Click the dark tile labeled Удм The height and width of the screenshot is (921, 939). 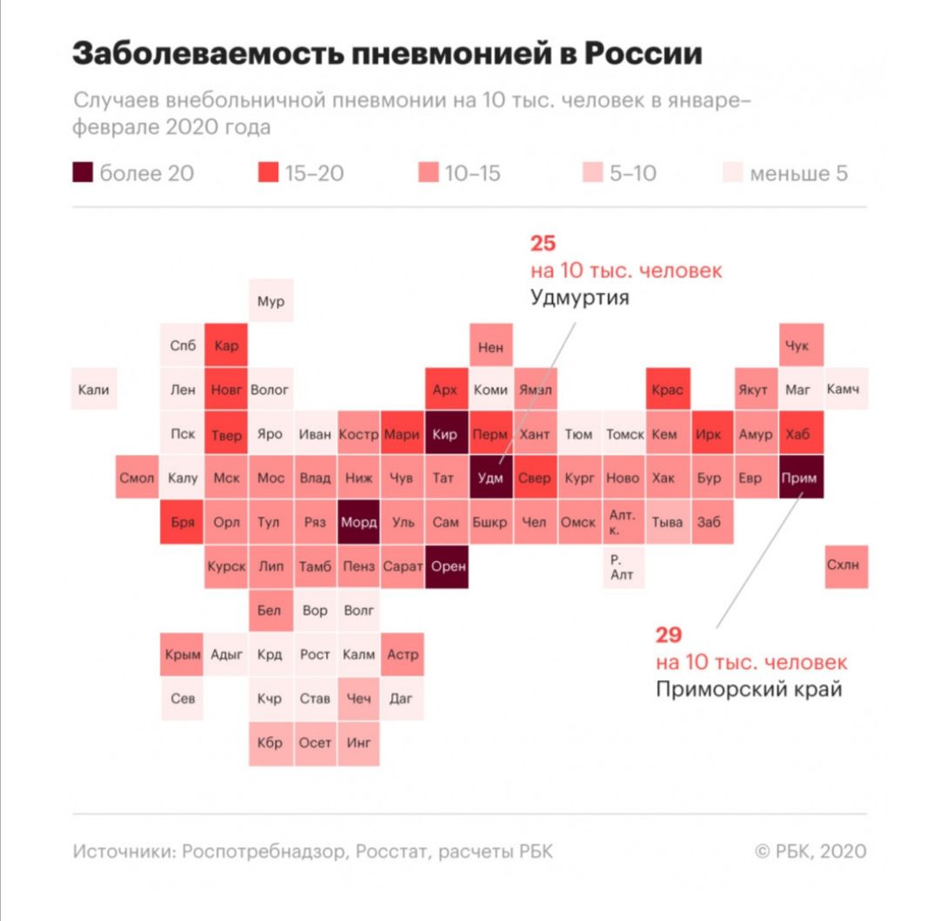coord(490,477)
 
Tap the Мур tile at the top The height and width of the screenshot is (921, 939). coord(270,302)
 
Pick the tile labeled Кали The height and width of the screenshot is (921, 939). coord(94,390)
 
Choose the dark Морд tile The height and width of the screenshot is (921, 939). coord(358,522)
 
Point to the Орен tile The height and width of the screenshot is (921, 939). coord(447,566)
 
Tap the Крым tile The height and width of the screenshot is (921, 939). coord(182,654)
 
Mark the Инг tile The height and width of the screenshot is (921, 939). coord(358,743)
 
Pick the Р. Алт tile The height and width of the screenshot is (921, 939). coord(623,567)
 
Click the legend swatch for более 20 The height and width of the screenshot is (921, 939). coord(83,173)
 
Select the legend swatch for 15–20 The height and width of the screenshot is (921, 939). coord(269,173)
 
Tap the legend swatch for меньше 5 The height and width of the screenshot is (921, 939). coord(733,173)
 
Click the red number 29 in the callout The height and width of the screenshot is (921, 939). coord(669,634)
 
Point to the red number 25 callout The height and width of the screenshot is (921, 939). coord(543,243)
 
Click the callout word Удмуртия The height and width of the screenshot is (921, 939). coord(579,298)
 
